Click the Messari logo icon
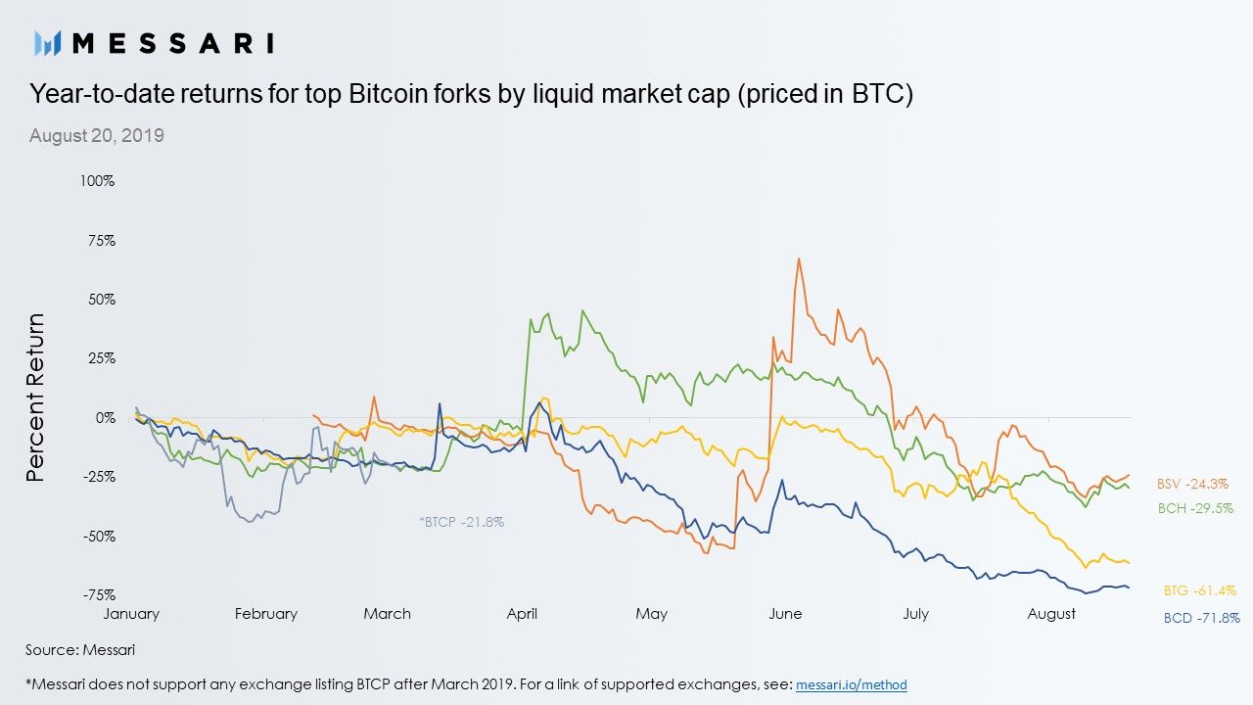(48, 42)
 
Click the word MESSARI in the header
(173, 42)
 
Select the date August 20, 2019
(97, 136)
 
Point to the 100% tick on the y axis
(99, 182)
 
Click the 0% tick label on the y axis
(106, 418)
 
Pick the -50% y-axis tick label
(100, 537)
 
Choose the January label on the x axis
(131, 614)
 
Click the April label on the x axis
(522, 614)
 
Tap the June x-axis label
(785, 614)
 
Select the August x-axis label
(1052, 614)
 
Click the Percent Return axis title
(36, 397)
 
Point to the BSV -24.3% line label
(1192, 484)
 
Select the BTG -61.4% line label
(1199, 590)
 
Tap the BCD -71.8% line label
(1201, 618)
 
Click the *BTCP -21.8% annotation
(461, 523)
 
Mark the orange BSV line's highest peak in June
(800, 259)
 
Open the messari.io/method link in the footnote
(851, 684)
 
